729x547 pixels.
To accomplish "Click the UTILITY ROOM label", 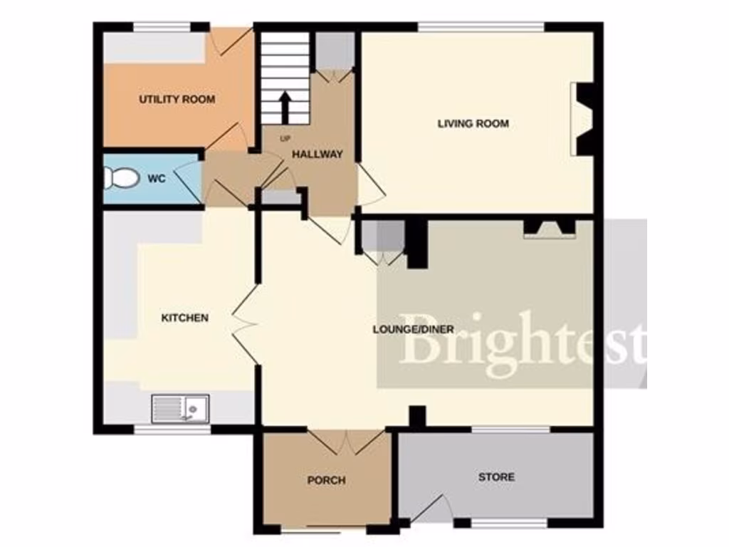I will (177, 99).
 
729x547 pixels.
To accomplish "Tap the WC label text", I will (157, 179).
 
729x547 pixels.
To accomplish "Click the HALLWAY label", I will (318, 154).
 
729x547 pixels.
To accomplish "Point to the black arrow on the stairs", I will (285, 107).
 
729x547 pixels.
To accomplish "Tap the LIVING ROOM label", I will (473, 123).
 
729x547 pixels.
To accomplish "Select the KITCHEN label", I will (185, 318).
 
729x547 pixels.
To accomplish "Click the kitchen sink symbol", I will (179, 408).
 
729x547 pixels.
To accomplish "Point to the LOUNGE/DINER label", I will (414, 329).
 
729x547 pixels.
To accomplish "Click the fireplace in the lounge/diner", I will (549, 229).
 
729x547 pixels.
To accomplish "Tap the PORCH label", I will (326, 480).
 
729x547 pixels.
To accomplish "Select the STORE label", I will (496, 476).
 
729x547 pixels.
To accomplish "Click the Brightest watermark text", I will (523, 345).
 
